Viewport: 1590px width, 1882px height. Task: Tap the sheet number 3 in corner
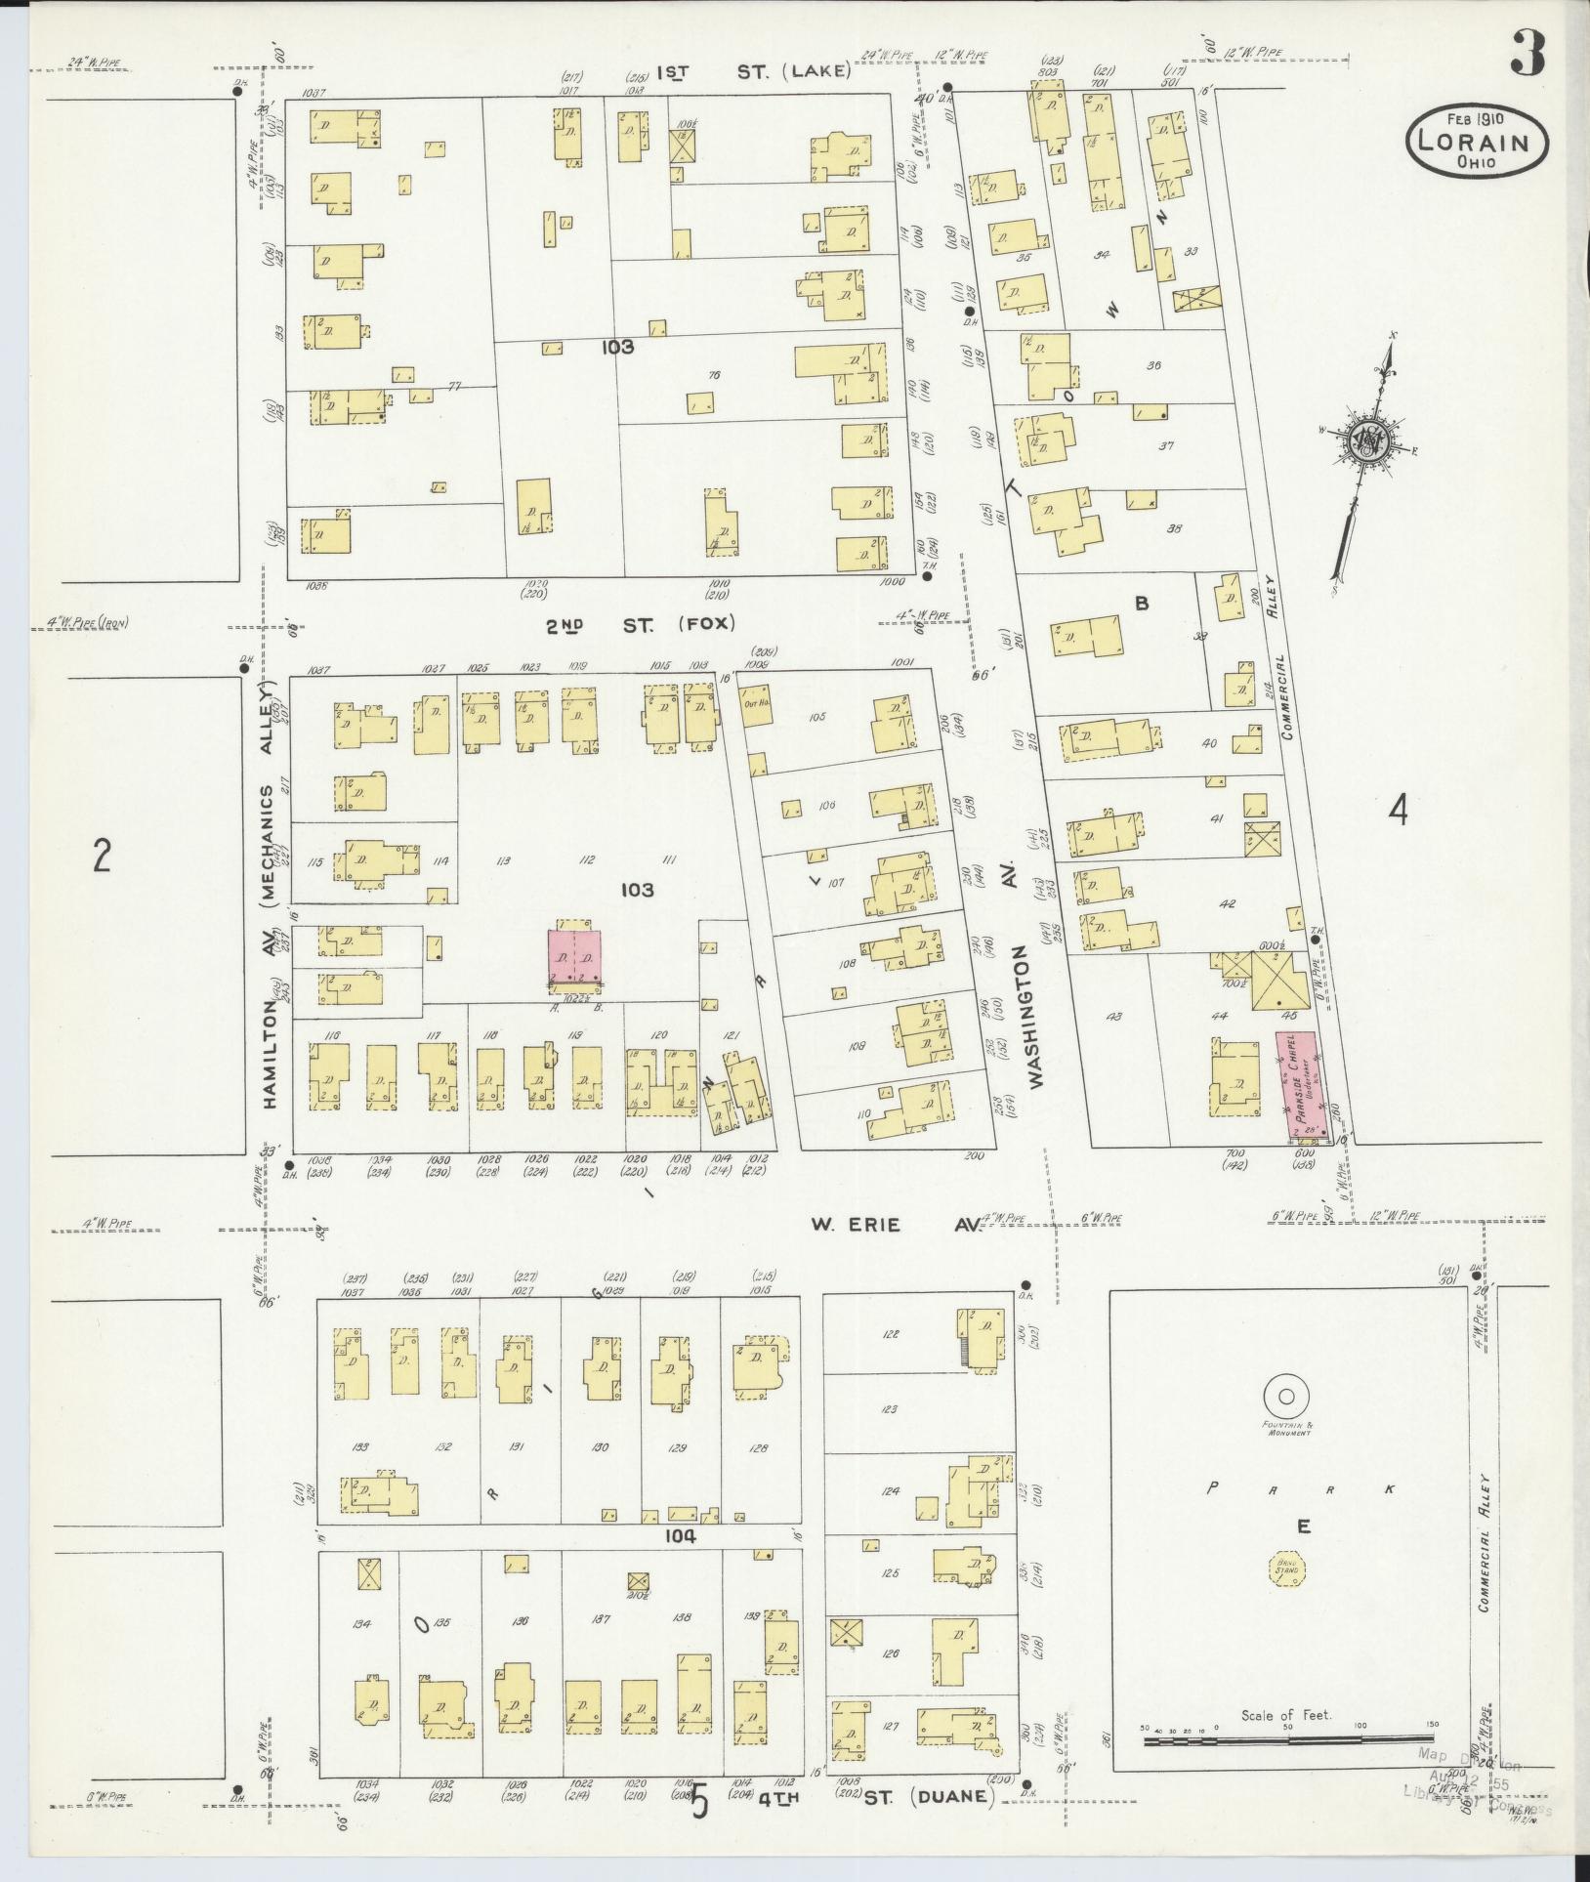[x=1527, y=53]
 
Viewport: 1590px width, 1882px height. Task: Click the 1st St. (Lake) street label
[x=755, y=71]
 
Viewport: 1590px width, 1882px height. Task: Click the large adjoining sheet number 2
[x=101, y=856]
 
